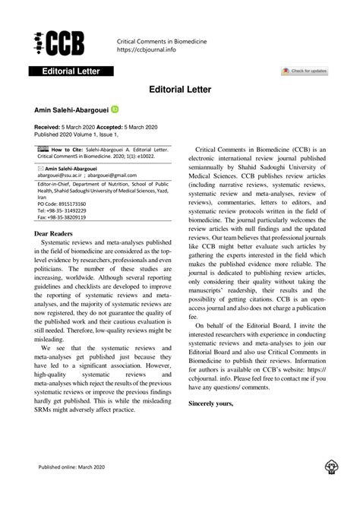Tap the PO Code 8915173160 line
[x=62, y=204]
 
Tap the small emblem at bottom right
[x=331, y=487]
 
